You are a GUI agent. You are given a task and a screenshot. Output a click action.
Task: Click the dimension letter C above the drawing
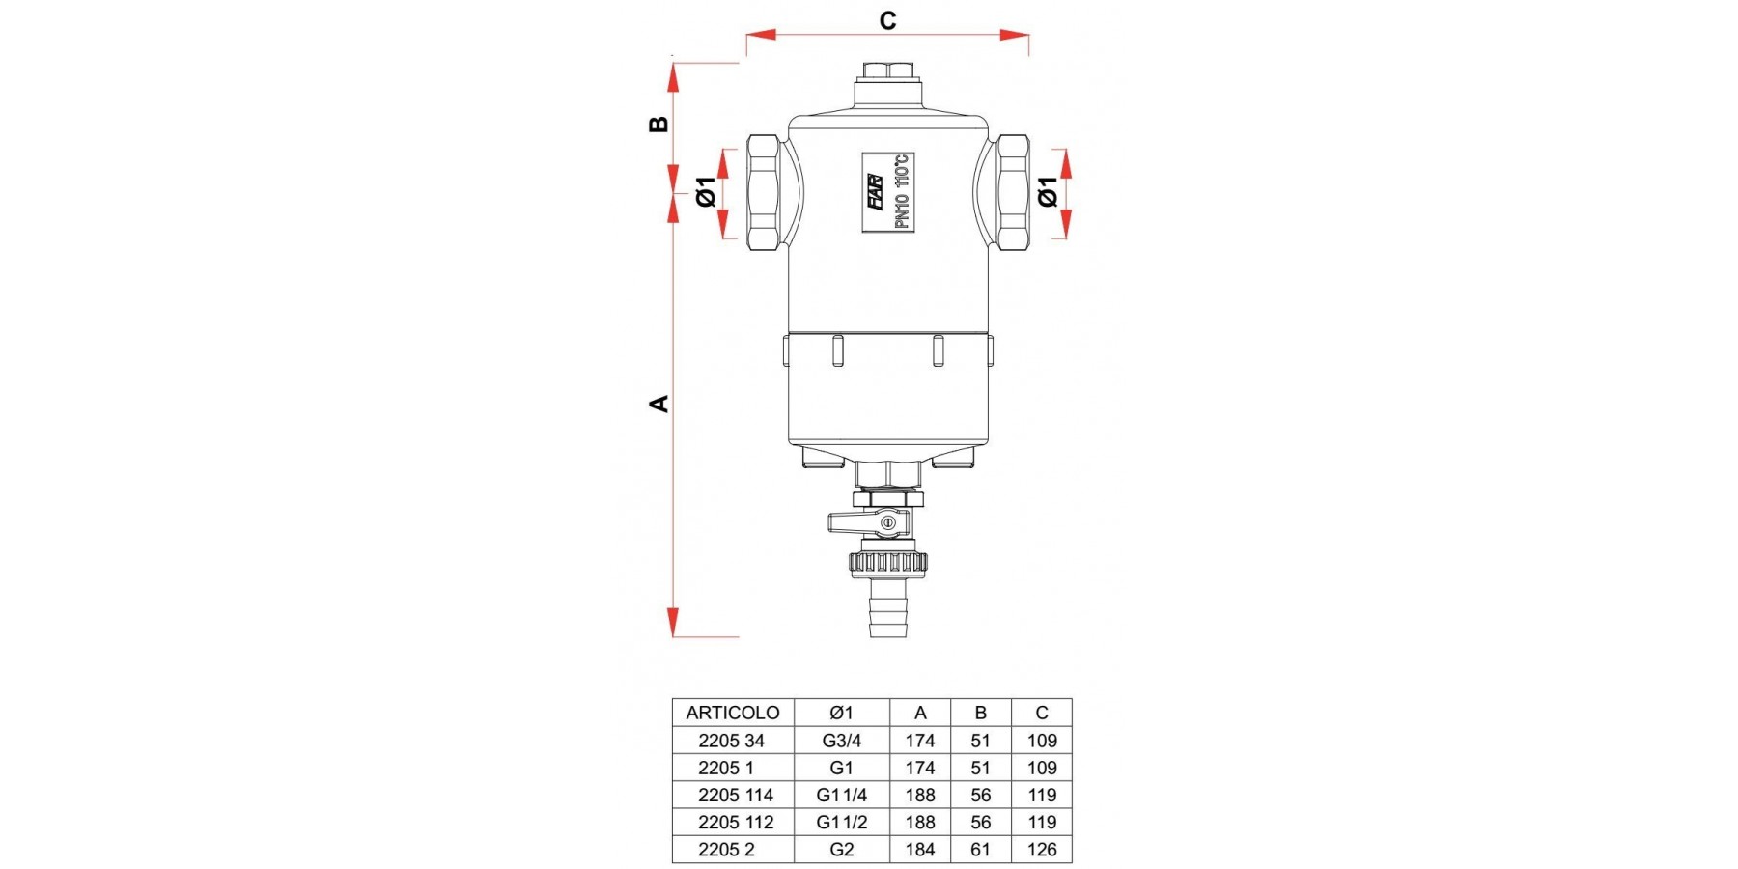pyautogui.click(x=887, y=20)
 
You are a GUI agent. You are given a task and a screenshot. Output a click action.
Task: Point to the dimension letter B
pyautogui.click(x=659, y=124)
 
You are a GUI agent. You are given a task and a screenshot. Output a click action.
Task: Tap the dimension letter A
pyautogui.click(x=659, y=403)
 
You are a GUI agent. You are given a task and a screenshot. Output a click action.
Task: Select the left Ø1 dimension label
pyautogui.click(x=707, y=192)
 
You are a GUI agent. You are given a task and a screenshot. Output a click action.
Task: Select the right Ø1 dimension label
pyautogui.click(x=1048, y=191)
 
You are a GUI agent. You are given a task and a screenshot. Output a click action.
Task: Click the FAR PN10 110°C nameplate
pyautogui.click(x=888, y=192)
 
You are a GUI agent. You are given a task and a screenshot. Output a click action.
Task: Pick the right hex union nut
pyautogui.click(x=1014, y=193)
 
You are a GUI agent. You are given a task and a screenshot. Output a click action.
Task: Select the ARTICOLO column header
pyautogui.click(x=733, y=713)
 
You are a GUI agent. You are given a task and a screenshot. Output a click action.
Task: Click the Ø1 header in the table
pyautogui.click(x=842, y=713)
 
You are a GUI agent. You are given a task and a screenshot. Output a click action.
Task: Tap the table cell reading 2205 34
pyautogui.click(x=731, y=741)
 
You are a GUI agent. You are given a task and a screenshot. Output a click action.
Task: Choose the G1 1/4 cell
pyautogui.click(x=842, y=795)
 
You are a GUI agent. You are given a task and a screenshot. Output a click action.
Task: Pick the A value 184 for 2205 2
pyautogui.click(x=920, y=850)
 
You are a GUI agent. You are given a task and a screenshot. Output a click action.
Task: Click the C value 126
pyautogui.click(x=1041, y=850)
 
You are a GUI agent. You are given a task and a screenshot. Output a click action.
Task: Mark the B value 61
pyautogui.click(x=981, y=850)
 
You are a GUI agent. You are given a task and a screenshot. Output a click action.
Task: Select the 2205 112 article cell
pyautogui.click(x=736, y=823)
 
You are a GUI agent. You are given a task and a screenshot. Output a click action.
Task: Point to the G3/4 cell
pyautogui.click(x=842, y=741)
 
